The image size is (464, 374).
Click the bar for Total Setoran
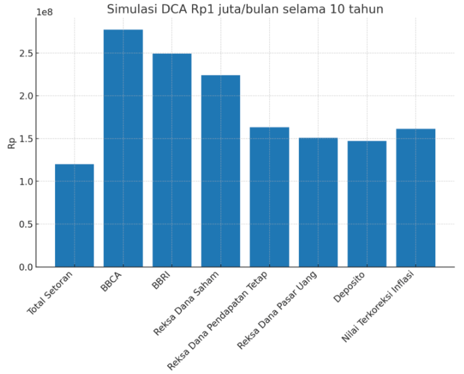coord(74,216)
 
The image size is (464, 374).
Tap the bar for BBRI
coord(172,161)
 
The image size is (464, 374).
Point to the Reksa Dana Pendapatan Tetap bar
coord(269,197)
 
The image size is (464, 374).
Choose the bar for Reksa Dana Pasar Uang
coord(318,203)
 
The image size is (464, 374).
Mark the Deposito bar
coord(367,204)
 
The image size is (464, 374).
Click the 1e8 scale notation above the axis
coord(45,12)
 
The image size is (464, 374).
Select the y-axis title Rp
coord(12,143)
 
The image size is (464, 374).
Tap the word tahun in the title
coord(367,9)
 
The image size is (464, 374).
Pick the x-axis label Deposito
coord(349,287)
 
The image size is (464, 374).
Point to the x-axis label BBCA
coord(111,282)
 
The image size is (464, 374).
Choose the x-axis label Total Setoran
coord(50,293)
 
